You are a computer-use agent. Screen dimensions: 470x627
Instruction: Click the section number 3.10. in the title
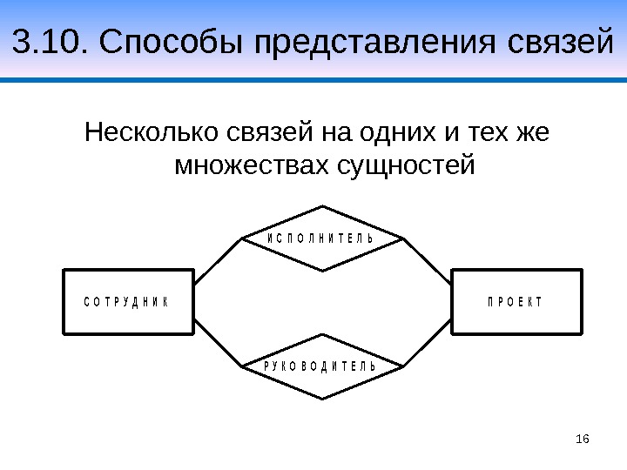click(50, 41)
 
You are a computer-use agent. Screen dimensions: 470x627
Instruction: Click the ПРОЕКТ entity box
click(516, 301)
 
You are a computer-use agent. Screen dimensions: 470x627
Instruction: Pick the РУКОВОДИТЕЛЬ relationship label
click(320, 366)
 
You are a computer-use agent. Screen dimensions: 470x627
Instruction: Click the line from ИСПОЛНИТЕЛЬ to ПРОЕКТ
click(428, 260)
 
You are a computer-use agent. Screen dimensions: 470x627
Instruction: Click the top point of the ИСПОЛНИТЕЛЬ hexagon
click(323, 207)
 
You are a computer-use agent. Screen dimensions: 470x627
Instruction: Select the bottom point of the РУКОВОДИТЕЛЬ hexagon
click(323, 398)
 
